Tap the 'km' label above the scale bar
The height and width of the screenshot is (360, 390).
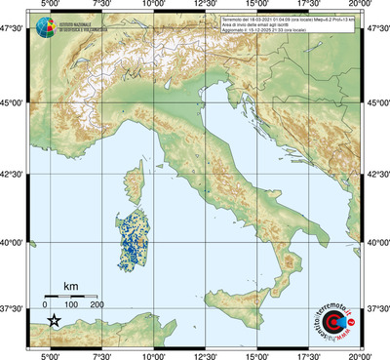pyautogui.click(x=70, y=285)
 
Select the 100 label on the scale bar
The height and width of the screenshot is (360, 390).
pyautogui.click(x=73, y=305)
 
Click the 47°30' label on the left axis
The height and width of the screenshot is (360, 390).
pyautogui.click(x=14, y=29)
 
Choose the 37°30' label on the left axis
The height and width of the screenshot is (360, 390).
pyautogui.click(x=14, y=308)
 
